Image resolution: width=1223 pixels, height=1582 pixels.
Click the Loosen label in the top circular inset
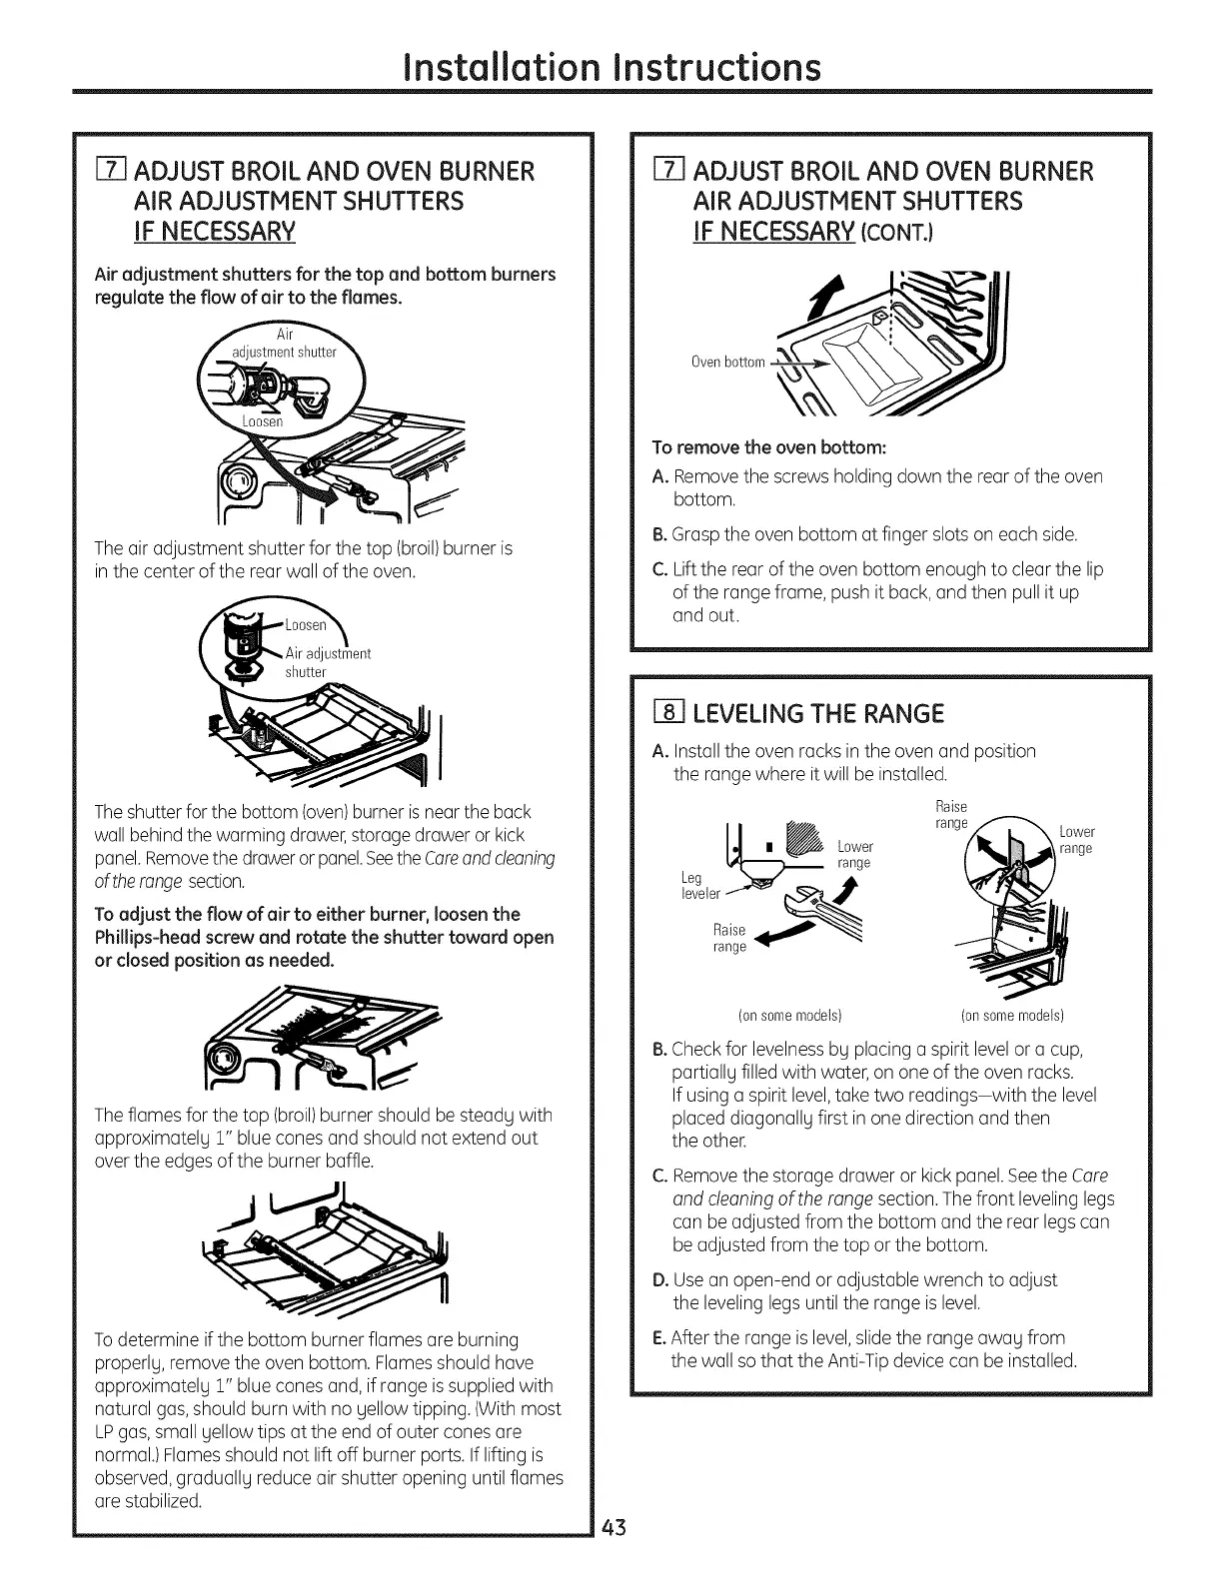(263, 420)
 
